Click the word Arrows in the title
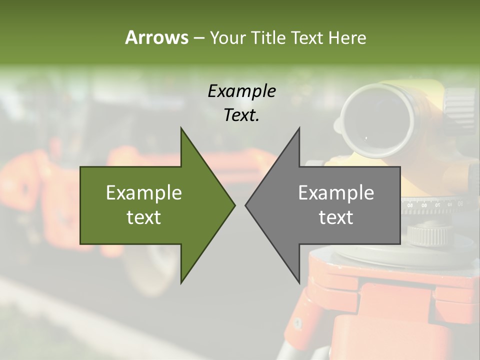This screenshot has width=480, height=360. [x=156, y=37]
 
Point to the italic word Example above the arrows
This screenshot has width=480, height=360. [x=241, y=91]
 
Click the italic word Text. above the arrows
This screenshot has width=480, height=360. [x=241, y=115]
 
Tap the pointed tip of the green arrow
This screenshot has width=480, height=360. [x=234, y=205]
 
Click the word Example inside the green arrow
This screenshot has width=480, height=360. [x=143, y=193]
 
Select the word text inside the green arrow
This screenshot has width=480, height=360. [x=143, y=217]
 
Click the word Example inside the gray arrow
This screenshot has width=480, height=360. [x=336, y=193]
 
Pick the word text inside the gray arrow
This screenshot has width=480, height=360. [x=336, y=217]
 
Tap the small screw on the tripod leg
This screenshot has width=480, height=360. [x=298, y=321]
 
